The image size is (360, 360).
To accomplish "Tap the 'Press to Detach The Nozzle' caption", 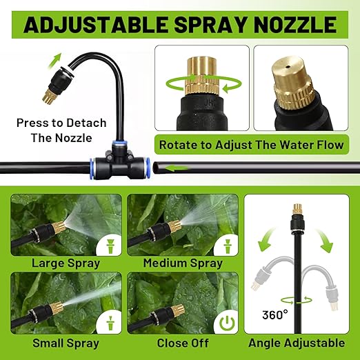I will [x=62, y=130].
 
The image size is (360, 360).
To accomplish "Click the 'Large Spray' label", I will [x=66, y=263].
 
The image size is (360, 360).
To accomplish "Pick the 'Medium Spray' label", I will [x=183, y=263].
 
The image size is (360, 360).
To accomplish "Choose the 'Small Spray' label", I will [x=66, y=343].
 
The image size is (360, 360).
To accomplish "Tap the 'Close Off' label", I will [x=183, y=343].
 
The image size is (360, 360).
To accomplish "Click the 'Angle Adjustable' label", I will [x=298, y=343].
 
